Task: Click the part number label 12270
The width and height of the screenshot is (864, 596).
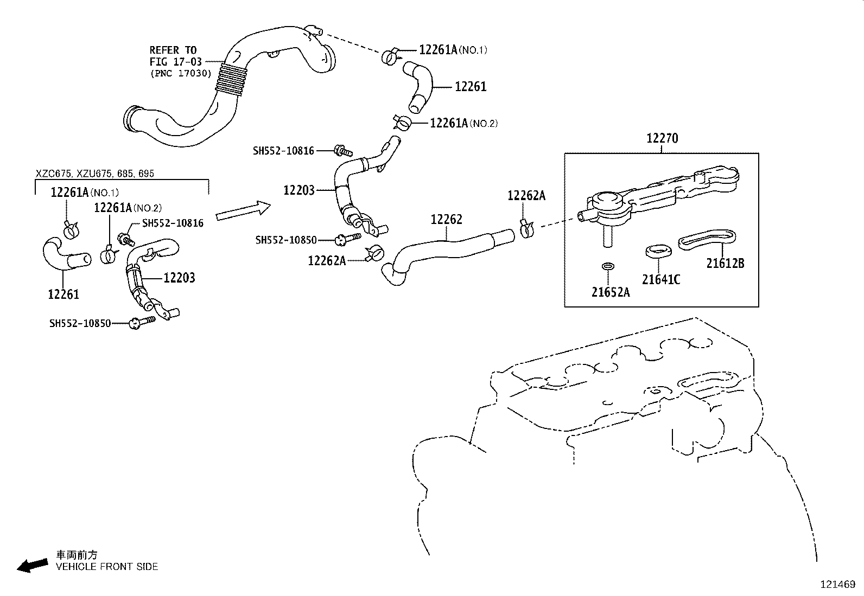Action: (662, 138)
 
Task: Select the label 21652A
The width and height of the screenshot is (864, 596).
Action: (611, 292)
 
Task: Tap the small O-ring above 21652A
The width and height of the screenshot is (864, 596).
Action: (608, 267)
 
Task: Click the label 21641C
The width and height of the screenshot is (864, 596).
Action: (660, 280)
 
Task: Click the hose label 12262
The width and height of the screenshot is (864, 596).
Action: (446, 220)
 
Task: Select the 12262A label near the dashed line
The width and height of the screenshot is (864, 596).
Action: (526, 196)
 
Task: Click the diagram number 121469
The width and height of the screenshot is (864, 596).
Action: (837, 585)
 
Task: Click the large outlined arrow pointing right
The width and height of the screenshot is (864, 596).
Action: (243, 210)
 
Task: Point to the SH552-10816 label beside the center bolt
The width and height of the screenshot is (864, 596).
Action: (283, 151)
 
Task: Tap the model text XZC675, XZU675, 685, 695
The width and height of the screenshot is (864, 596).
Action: (95, 174)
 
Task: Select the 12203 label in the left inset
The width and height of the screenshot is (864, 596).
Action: (179, 278)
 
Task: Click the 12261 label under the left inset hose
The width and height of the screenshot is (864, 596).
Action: (63, 294)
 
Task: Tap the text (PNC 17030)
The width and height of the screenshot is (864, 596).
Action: (180, 73)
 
